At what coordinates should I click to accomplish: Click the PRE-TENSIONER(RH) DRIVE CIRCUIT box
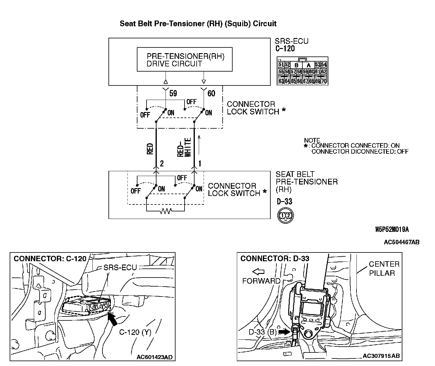click(185, 59)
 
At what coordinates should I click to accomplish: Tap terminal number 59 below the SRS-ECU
click(173, 94)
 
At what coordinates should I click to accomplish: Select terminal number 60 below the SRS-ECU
click(211, 94)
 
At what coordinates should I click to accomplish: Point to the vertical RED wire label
click(150, 149)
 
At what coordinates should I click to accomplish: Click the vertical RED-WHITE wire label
click(184, 147)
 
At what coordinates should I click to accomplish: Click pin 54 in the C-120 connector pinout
click(324, 65)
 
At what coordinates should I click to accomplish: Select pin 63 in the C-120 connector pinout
click(281, 81)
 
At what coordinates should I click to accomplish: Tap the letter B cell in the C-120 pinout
click(296, 65)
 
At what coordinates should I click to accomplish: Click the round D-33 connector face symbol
click(285, 215)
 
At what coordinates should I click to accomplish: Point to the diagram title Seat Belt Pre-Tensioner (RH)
click(198, 24)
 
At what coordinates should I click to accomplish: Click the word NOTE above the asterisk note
click(312, 140)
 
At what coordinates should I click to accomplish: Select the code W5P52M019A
click(392, 230)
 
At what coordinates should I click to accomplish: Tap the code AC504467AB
click(401, 242)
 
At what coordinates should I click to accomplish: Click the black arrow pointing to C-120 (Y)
click(112, 319)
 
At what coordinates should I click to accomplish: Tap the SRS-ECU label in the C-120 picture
click(120, 268)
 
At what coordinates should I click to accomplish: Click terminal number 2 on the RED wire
click(162, 163)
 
